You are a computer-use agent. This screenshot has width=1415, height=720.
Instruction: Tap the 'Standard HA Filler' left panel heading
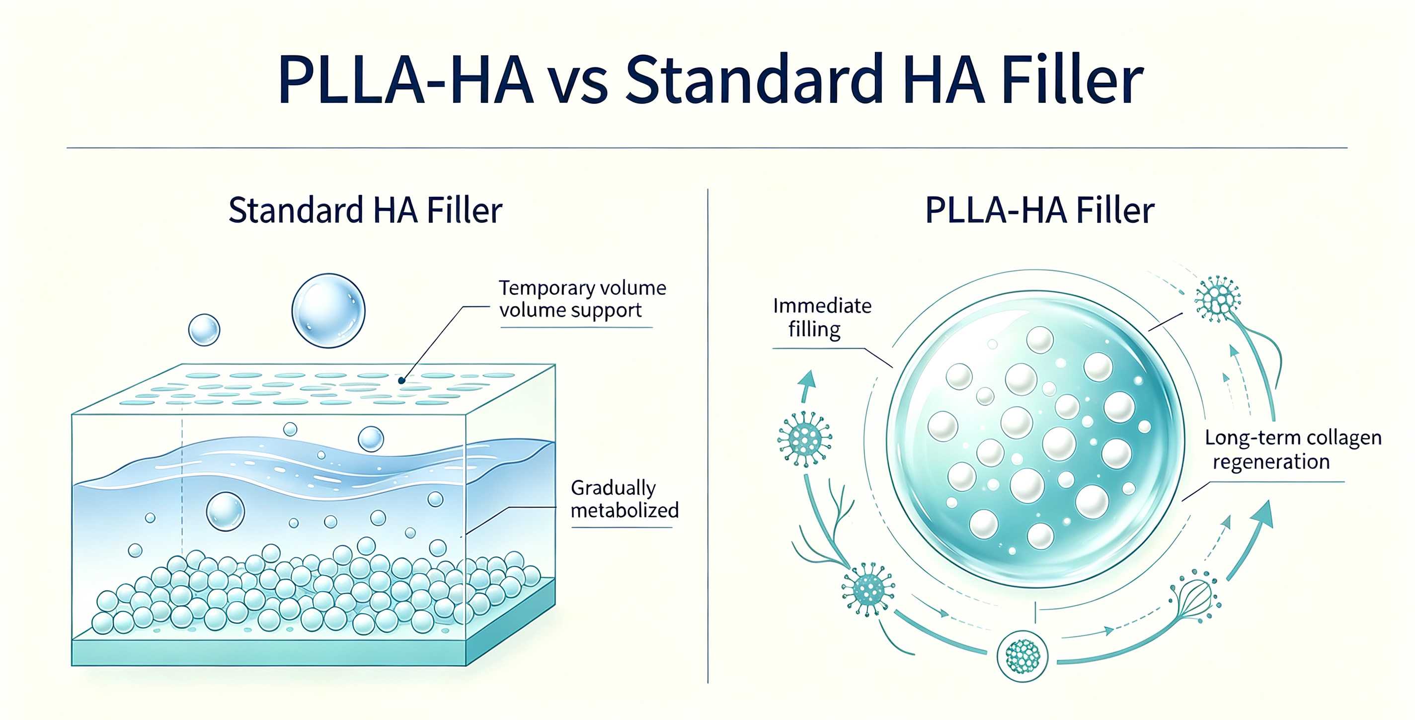point(365,210)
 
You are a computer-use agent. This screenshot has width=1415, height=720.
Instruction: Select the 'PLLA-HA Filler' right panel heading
point(1039,210)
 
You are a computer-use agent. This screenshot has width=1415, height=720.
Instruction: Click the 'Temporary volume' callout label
point(582,288)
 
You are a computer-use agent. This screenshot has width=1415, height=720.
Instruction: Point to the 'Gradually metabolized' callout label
point(625,499)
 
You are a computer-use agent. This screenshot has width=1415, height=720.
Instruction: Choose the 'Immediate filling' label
point(822,317)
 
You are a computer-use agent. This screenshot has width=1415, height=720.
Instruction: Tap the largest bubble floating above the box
point(328,311)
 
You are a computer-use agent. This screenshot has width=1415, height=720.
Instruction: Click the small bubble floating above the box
point(204,330)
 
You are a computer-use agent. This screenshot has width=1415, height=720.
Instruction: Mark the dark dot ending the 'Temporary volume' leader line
point(401,380)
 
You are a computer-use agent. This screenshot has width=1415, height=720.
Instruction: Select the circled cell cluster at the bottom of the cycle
point(1022,656)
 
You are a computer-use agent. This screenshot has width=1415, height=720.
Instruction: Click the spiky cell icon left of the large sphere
point(805,439)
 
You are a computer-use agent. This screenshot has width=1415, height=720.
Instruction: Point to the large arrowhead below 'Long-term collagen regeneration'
point(1262,516)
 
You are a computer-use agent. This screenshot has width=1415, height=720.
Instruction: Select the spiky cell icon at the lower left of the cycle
point(868,589)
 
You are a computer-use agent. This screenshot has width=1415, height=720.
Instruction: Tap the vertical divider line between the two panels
point(707,436)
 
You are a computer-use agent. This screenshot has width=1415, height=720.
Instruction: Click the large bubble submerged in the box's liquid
point(225,511)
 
